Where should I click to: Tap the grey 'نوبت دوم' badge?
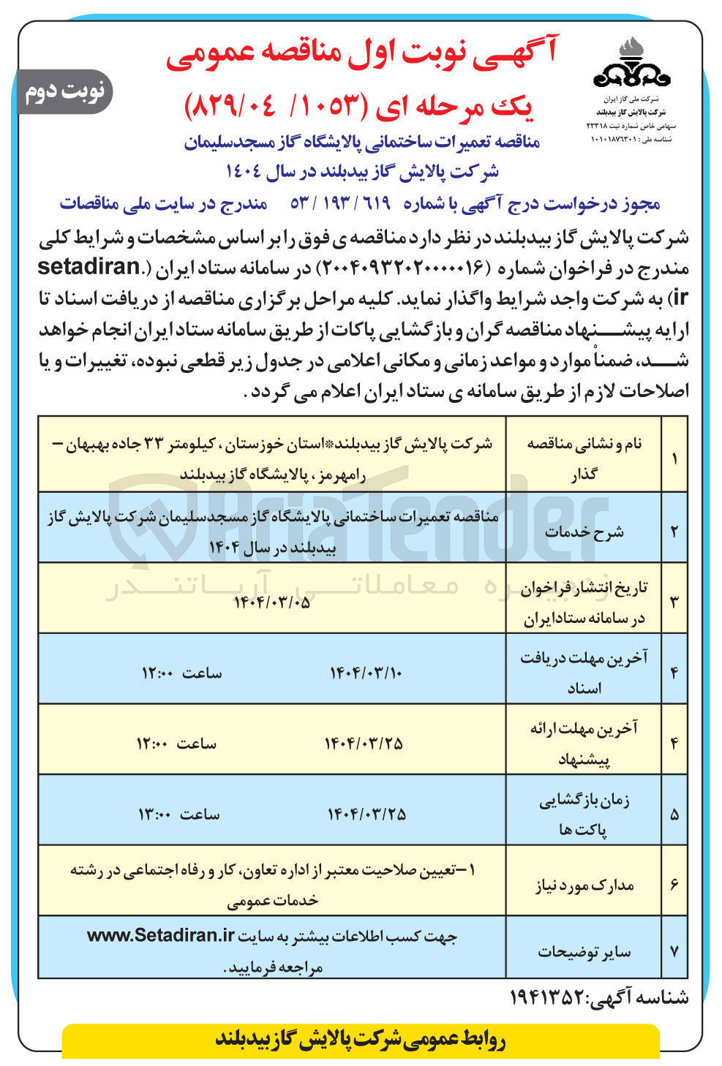pos(65,91)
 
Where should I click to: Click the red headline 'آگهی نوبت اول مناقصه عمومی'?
pos(361,57)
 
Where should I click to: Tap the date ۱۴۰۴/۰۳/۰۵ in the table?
pos(271,603)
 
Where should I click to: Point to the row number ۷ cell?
pos(674,951)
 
